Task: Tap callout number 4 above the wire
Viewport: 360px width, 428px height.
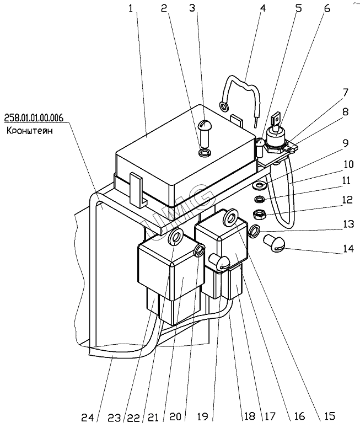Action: tap(263, 9)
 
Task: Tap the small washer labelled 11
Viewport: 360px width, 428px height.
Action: tap(258, 199)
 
